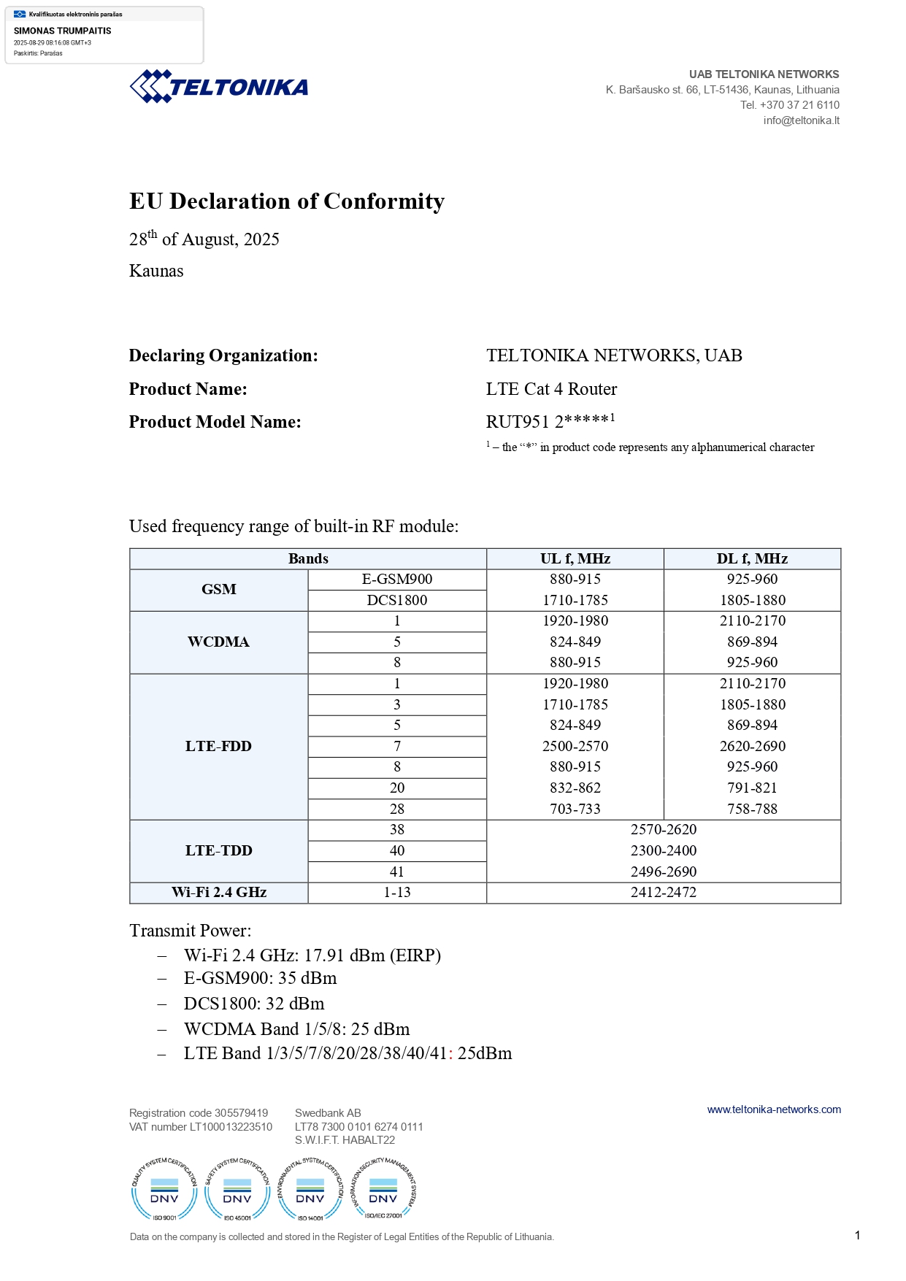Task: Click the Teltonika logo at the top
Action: point(219,87)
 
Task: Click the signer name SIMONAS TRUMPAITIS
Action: point(63,31)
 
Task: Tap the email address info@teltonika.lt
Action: point(801,120)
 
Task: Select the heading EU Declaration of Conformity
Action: point(287,201)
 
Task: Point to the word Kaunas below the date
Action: point(156,271)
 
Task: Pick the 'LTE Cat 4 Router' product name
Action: point(551,389)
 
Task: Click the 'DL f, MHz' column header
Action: point(752,559)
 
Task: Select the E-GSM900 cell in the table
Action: point(397,580)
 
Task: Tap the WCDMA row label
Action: point(218,642)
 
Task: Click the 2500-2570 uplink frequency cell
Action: point(575,746)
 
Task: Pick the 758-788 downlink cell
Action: point(752,809)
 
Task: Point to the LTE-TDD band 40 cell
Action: point(397,850)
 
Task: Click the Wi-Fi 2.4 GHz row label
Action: point(218,892)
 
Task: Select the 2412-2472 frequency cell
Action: point(664,892)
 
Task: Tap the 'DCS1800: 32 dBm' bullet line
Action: point(254,1004)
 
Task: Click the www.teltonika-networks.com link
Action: point(774,1109)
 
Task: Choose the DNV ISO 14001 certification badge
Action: point(310,1190)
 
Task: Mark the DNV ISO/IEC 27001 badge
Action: point(383,1190)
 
